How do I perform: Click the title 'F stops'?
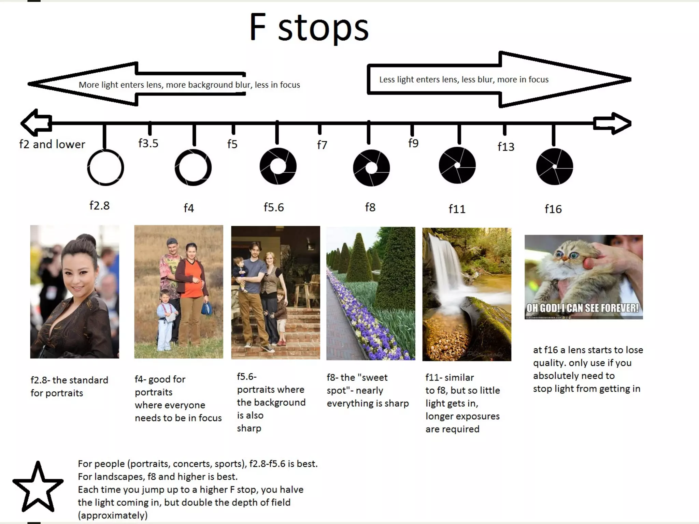[x=309, y=28]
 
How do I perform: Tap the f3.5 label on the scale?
[x=148, y=143]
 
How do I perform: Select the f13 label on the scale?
[x=505, y=147]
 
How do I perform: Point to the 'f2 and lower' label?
[x=52, y=144]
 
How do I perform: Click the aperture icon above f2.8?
[x=105, y=168]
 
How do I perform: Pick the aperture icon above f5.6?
[x=278, y=166]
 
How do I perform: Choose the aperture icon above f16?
[x=554, y=166]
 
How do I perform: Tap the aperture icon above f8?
[x=371, y=168]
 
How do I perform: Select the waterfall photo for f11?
[x=467, y=294]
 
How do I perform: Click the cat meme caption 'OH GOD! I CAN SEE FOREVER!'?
[x=583, y=308]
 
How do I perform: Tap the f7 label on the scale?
[x=322, y=145]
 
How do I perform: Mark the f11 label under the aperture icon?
[x=457, y=209]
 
